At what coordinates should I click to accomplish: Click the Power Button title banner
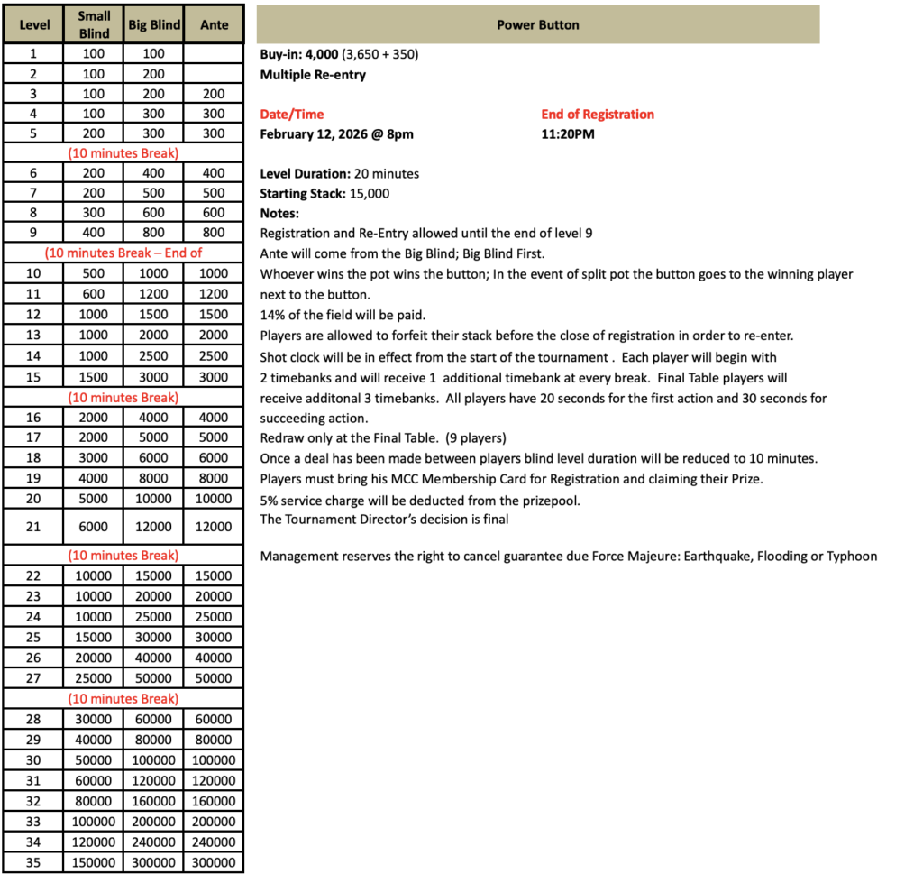(x=538, y=24)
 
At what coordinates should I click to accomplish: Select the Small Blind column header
(x=94, y=24)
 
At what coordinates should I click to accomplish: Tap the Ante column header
(x=214, y=24)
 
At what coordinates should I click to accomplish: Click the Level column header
(x=34, y=24)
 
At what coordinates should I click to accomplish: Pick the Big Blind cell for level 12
(x=153, y=315)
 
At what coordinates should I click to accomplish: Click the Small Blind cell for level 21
(x=94, y=527)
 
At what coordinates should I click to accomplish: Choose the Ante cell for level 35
(x=214, y=863)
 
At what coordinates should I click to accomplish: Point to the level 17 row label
(x=34, y=437)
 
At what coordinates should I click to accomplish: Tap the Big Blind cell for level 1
(x=153, y=53)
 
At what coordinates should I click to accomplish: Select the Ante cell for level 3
(x=214, y=94)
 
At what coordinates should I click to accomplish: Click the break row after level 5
(x=123, y=152)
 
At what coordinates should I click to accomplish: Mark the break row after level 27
(x=123, y=699)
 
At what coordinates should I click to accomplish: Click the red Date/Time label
(x=291, y=115)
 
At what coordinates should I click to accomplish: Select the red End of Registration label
(x=598, y=115)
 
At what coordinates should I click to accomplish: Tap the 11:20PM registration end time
(x=568, y=134)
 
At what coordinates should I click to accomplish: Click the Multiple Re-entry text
(x=313, y=75)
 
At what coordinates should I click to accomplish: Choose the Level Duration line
(x=340, y=173)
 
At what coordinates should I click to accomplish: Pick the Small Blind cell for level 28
(x=94, y=719)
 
